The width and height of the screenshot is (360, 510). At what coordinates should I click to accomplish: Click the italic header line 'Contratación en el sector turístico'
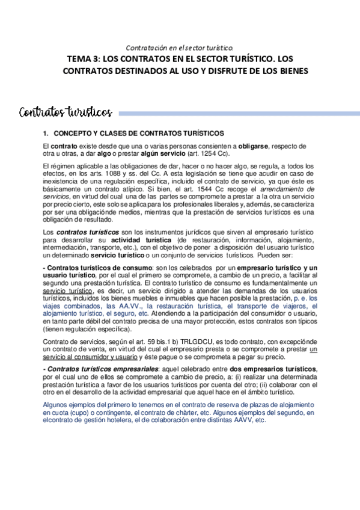178,48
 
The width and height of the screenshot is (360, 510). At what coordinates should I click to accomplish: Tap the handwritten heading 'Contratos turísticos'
66,112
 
